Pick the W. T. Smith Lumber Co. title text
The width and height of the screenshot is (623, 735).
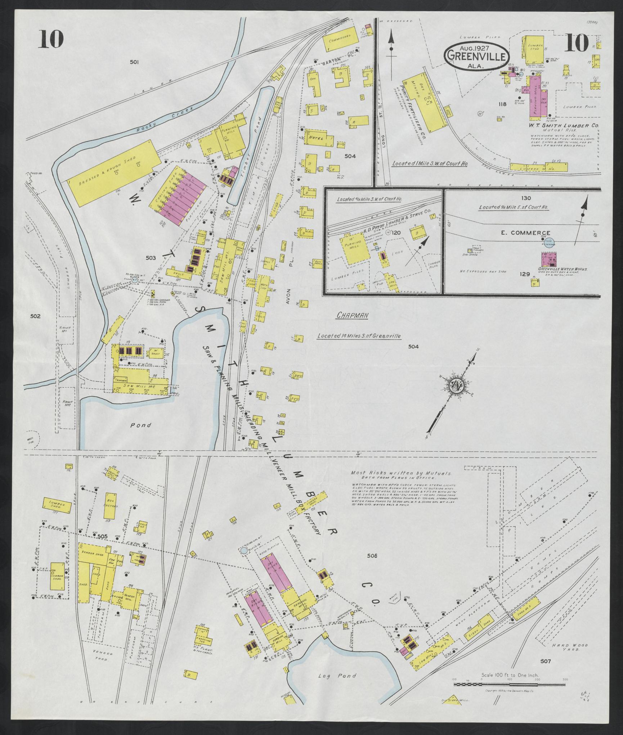564,126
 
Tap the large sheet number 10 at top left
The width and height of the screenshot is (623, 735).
52,39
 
